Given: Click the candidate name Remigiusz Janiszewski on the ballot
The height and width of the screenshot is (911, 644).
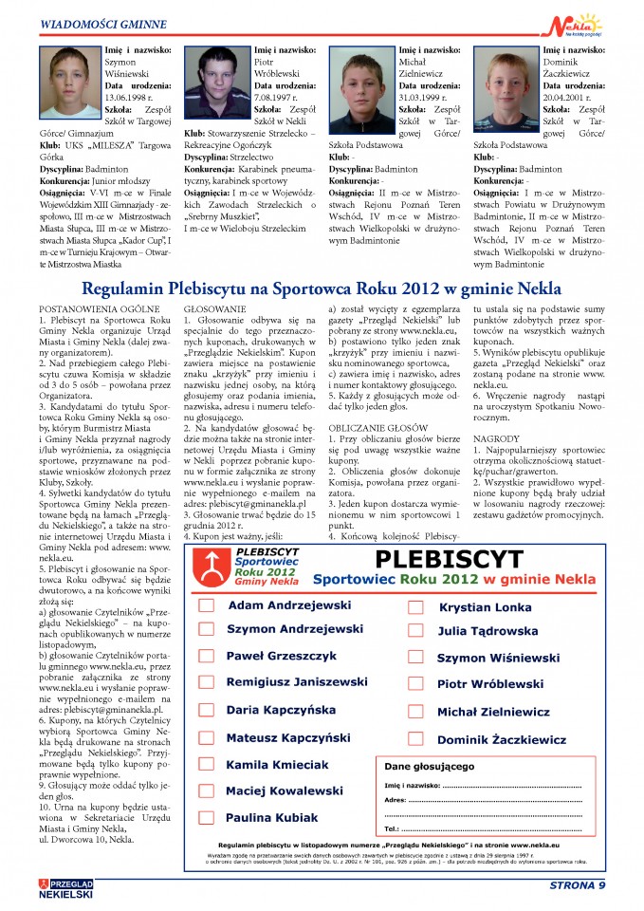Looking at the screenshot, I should (297, 682).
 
